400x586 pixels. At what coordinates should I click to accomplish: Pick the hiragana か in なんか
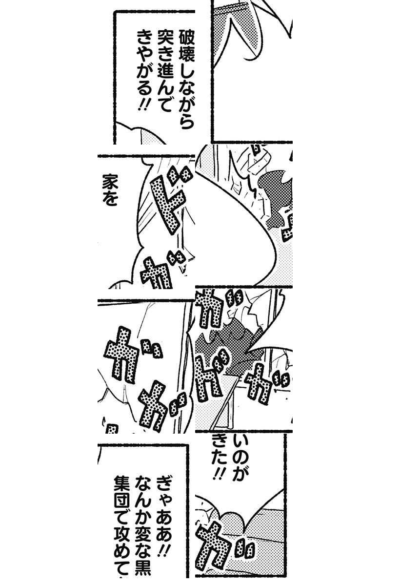[x=142, y=518]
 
